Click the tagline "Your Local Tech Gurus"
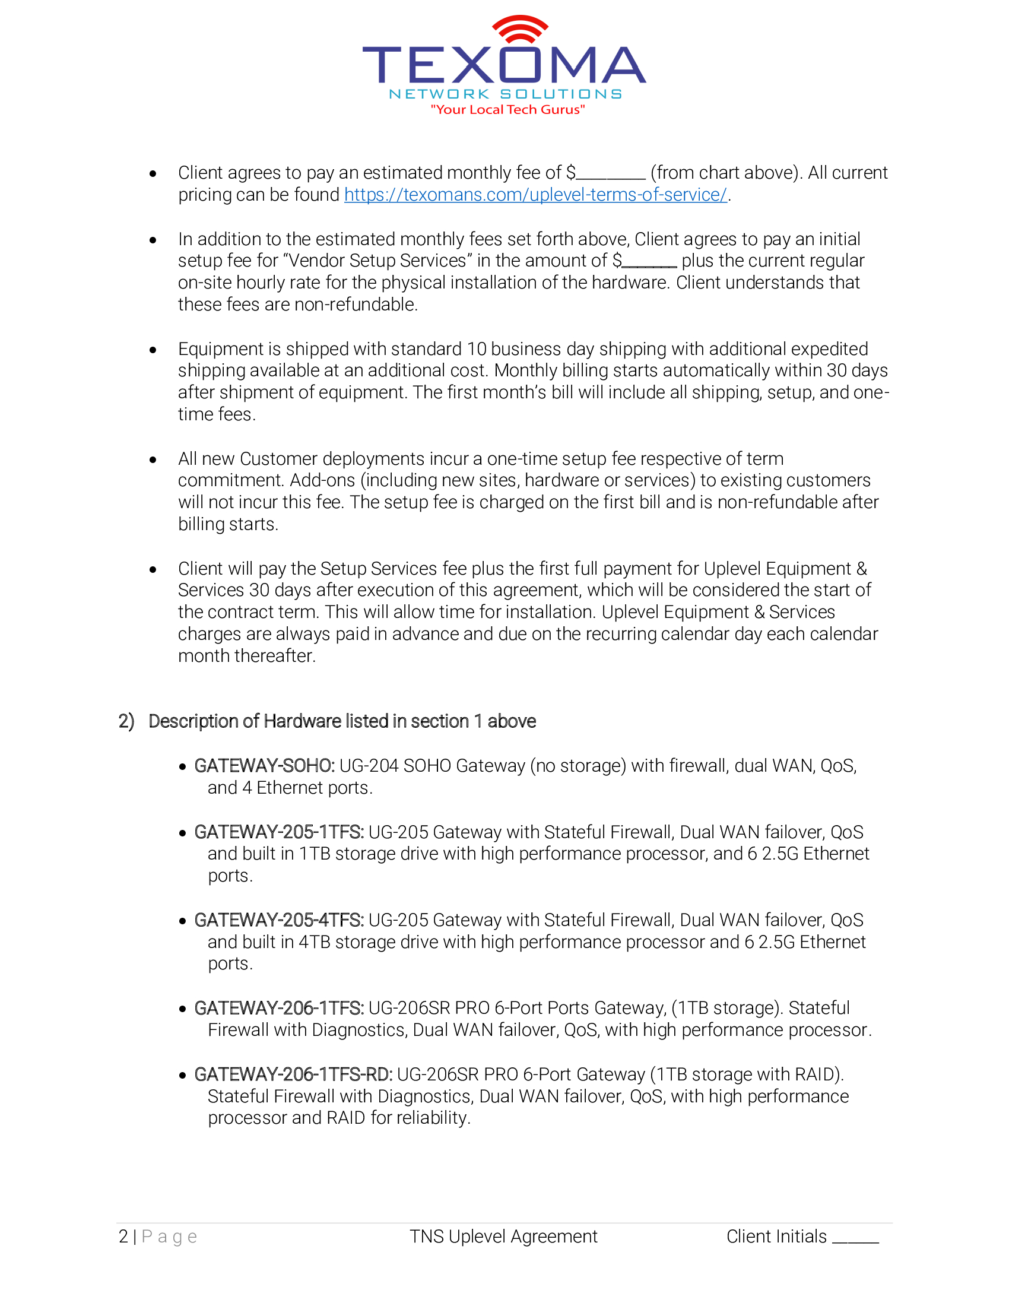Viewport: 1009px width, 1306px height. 507,109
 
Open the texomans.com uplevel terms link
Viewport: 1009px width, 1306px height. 535,195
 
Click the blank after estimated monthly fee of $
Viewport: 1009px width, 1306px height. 611,175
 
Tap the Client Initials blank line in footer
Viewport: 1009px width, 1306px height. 855,1238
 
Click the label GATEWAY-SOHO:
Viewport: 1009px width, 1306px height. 264,766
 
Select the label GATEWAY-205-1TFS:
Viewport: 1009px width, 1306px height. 278,832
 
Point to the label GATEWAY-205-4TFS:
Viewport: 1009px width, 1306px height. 278,920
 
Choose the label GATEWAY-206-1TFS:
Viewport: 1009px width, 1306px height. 278,1008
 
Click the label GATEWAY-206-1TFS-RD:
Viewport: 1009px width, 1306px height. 293,1074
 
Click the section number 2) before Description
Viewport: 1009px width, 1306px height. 126,721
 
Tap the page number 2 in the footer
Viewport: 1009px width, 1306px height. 123,1237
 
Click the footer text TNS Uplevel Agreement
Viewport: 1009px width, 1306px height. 503,1237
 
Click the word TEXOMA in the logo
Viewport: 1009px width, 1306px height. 504,65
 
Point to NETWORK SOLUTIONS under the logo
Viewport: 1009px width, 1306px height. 505,94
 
